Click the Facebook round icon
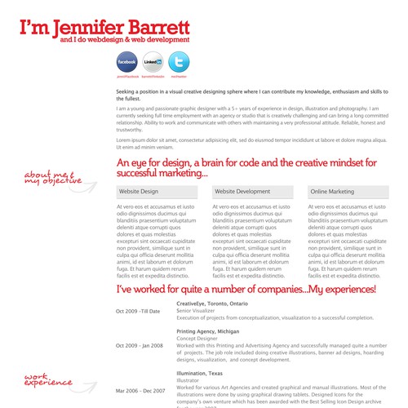(126, 62)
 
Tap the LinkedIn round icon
(153, 62)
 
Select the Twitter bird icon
(179, 62)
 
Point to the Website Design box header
(157, 191)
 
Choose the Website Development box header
(253, 191)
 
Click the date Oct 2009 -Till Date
(139, 311)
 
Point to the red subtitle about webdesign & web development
(119, 39)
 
